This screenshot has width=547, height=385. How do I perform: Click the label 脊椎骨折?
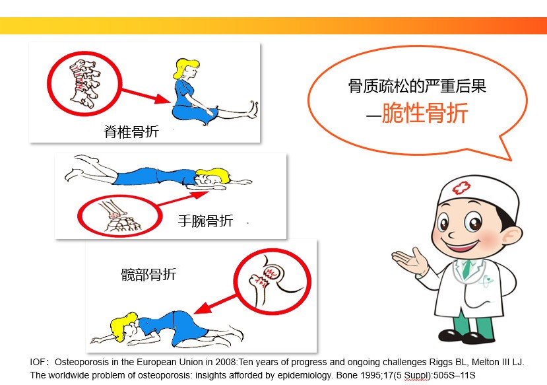click(x=131, y=131)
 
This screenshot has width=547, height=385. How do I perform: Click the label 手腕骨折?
click(x=205, y=221)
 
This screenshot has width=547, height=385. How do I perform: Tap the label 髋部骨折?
click(x=148, y=274)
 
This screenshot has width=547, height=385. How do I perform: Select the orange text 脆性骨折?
click(x=424, y=113)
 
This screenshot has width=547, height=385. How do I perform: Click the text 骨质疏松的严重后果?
click(x=417, y=86)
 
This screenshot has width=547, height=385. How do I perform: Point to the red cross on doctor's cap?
click(x=461, y=188)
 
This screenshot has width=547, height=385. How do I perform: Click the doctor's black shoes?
click(x=467, y=337)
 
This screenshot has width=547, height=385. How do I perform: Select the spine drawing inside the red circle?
click(x=84, y=83)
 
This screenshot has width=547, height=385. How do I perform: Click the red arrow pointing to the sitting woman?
click(x=146, y=96)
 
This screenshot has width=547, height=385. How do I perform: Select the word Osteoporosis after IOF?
click(x=77, y=362)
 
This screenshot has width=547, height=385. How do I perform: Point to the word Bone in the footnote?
click(x=346, y=375)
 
